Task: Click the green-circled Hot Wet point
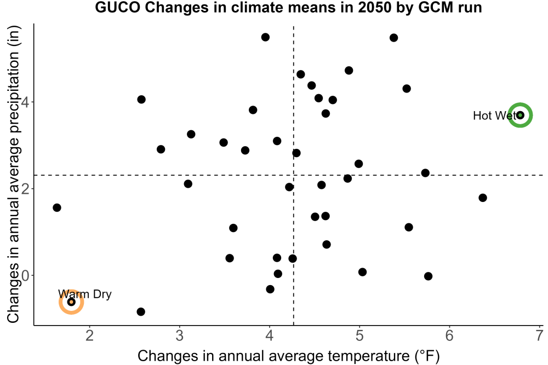tap(520, 115)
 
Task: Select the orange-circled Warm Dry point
tap(71, 302)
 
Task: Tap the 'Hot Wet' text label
tap(494, 115)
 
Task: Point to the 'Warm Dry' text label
tap(84, 294)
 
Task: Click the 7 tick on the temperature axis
tap(539, 335)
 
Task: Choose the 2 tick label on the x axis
tap(90, 335)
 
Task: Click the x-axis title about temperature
tap(288, 356)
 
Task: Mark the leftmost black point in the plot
tap(57, 207)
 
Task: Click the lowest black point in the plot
tap(141, 311)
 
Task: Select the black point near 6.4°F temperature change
tap(483, 198)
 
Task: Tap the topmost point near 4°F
tap(265, 37)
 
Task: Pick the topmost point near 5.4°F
tap(393, 38)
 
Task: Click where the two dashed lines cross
tap(294, 175)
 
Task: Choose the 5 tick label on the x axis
tap(359, 335)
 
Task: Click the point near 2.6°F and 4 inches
tap(141, 100)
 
